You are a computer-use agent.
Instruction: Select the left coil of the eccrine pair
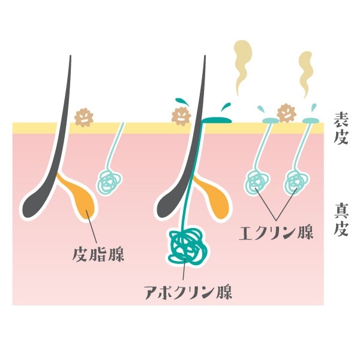click(x=256, y=181)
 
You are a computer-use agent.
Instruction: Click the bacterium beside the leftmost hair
click(x=83, y=116)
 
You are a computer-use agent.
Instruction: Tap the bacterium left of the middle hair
click(x=180, y=116)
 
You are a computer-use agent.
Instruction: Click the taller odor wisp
click(x=242, y=66)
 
